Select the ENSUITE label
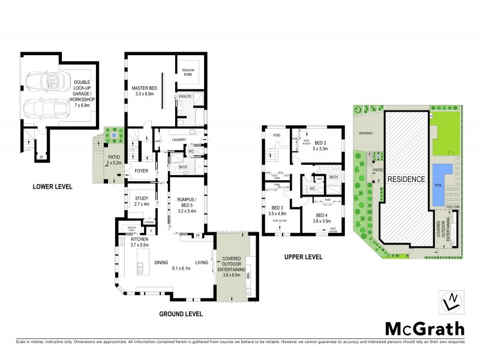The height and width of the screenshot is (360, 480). point(185,96)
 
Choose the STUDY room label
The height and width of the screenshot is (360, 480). point(142,198)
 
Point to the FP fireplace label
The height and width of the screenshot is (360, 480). point(197,236)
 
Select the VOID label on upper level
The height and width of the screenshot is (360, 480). point(277,134)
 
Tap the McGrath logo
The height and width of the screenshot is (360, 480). point(424,328)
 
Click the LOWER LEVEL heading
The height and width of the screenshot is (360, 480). point(52,187)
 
